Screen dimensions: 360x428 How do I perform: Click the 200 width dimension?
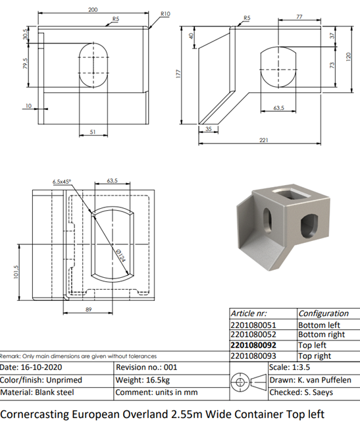pyautogui.click(x=93, y=10)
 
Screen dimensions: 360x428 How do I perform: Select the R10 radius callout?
pyautogui.click(x=165, y=14)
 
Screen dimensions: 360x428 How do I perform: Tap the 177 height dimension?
pyautogui.click(x=178, y=74)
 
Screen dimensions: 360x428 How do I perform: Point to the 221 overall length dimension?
pyautogui.click(x=264, y=140)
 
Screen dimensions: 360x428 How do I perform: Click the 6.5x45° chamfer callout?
pyautogui.click(x=62, y=182)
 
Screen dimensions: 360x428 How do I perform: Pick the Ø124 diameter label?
pyautogui.click(x=120, y=255)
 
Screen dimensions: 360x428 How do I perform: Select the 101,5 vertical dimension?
pyautogui.click(x=16, y=272)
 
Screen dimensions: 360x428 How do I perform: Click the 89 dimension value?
pyautogui.click(x=89, y=309)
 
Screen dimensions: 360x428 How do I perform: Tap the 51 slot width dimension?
pyautogui.click(x=93, y=132)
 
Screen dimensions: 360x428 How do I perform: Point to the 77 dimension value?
pyautogui.click(x=299, y=16)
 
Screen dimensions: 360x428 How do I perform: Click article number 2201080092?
pyautogui.click(x=253, y=345)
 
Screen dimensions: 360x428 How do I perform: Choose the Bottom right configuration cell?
pyautogui.click(x=322, y=334)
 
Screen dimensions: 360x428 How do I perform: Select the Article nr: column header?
pyautogui.click(x=249, y=313)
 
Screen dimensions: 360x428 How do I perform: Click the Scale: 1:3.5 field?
pyautogui.click(x=290, y=367)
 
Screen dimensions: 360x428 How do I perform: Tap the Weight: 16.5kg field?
pyautogui.click(x=143, y=380)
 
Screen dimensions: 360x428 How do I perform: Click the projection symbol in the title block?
pyautogui.click(x=249, y=382)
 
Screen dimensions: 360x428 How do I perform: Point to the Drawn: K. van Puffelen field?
pyautogui.click(x=311, y=380)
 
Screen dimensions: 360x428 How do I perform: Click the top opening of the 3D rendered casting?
pyautogui.click(x=291, y=194)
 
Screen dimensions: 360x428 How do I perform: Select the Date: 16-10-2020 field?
pyautogui.click(x=31, y=367)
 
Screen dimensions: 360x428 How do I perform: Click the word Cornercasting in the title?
pyautogui.click(x=35, y=414)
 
